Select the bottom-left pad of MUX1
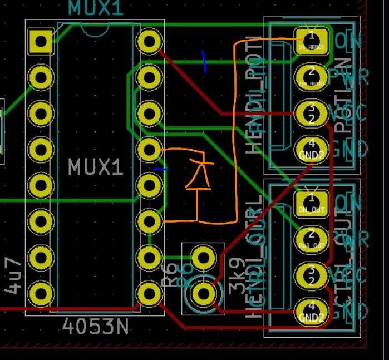pyautogui.click(x=41, y=293)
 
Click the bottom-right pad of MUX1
pyautogui.click(x=149, y=293)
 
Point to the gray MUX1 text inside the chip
pyautogui.click(x=95, y=167)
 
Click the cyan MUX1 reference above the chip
pyautogui.click(x=96, y=8)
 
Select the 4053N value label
pyautogui.click(x=96, y=327)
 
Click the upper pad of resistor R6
pyautogui.click(x=203, y=257)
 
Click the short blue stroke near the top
pyautogui.click(x=204, y=62)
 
